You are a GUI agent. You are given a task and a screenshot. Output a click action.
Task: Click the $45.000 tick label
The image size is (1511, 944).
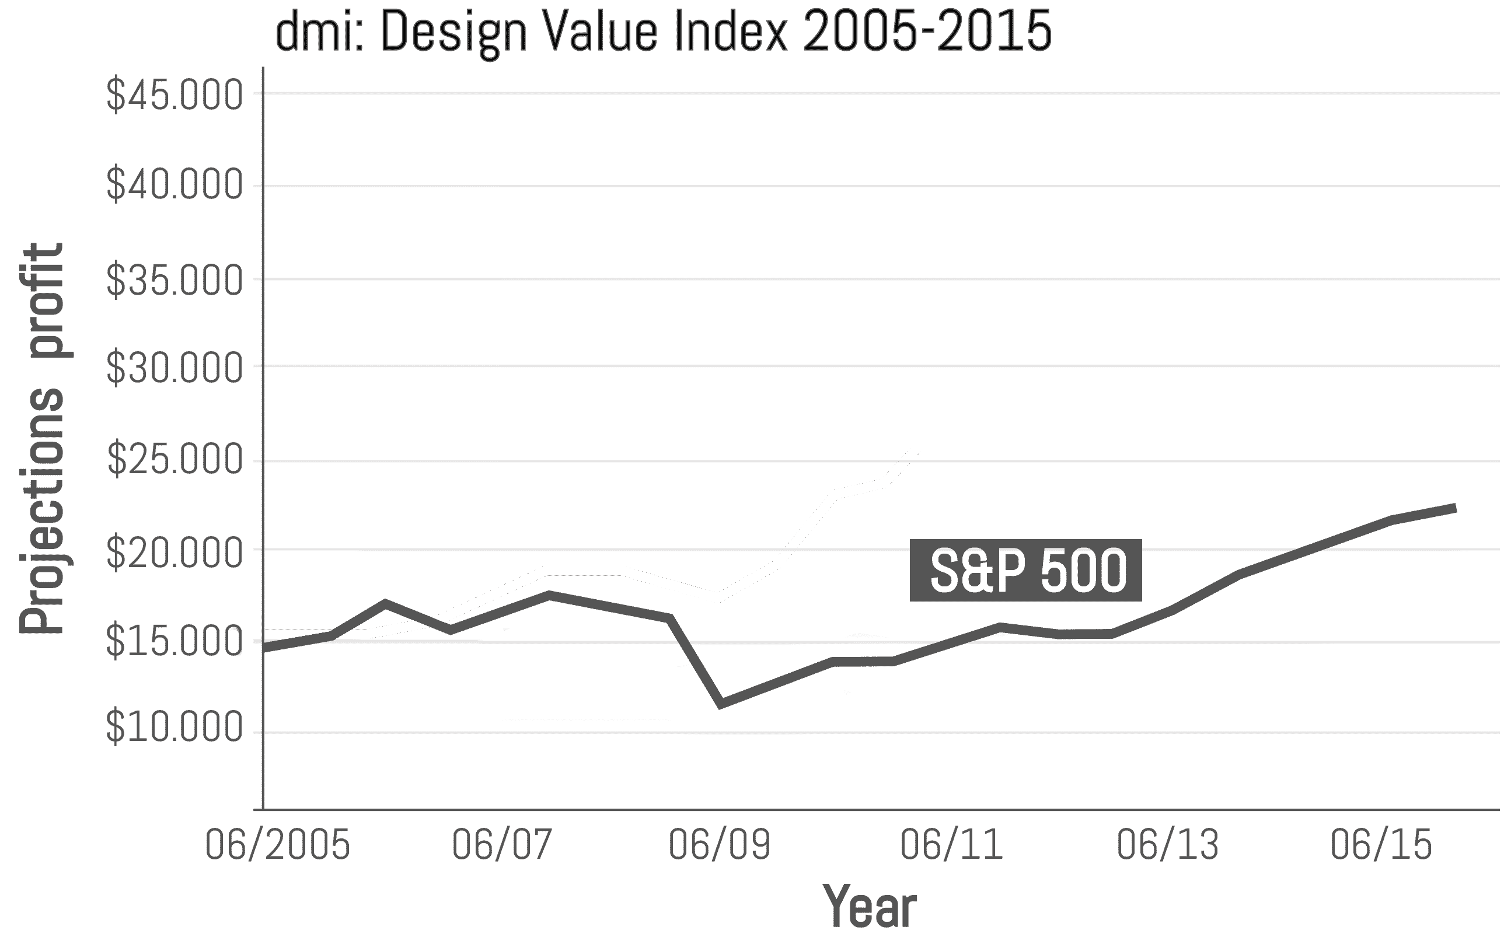pyautogui.click(x=174, y=96)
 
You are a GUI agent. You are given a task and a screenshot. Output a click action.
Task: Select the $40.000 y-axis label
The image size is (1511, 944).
pyautogui.click(x=174, y=186)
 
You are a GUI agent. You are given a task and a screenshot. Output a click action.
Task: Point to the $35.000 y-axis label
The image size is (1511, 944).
pyautogui.click(x=174, y=280)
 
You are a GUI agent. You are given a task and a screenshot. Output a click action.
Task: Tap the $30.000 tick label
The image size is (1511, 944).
pyautogui.click(x=174, y=368)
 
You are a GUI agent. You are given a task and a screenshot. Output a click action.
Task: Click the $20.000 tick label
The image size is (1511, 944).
pyautogui.click(x=174, y=553)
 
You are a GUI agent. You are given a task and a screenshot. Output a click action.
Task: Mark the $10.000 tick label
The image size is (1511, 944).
pyautogui.click(x=174, y=728)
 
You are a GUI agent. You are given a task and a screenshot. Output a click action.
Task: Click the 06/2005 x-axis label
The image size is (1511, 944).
pyautogui.click(x=277, y=845)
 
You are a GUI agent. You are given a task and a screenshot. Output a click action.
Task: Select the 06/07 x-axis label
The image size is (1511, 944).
pyautogui.click(x=502, y=845)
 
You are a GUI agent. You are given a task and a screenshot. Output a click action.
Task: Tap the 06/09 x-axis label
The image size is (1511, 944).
pyautogui.click(x=719, y=845)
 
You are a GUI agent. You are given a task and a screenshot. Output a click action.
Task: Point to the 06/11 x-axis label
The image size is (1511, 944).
pyautogui.click(x=951, y=845)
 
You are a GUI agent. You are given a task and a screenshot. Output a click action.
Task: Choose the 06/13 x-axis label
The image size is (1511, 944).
pyautogui.click(x=1167, y=845)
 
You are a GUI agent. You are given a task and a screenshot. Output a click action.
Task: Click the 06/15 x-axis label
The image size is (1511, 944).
pyautogui.click(x=1380, y=845)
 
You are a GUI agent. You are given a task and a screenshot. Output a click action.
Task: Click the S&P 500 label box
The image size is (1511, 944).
pyautogui.click(x=1025, y=571)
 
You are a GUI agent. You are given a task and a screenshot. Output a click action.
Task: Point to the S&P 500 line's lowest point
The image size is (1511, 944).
pyautogui.click(x=721, y=704)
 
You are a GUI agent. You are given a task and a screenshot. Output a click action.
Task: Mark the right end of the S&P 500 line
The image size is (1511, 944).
pyautogui.click(x=1455, y=508)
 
